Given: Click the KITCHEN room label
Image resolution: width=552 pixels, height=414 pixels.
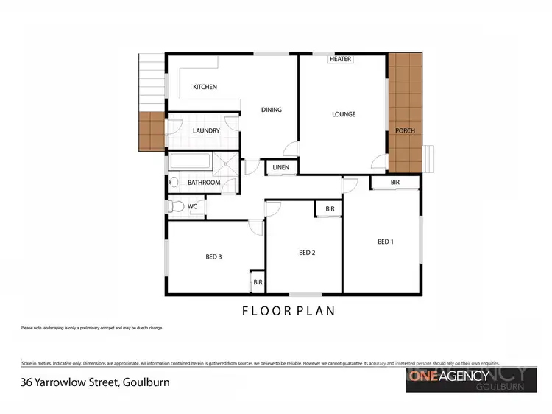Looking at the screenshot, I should [x=205, y=87].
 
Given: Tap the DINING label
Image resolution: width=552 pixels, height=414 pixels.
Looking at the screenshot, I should [x=272, y=110].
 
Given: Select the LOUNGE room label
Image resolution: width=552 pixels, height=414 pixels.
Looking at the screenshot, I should [x=344, y=114].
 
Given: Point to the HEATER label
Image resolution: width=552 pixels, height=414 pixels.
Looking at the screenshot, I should [x=341, y=59].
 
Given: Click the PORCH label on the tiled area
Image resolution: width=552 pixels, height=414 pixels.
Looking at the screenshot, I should [x=405, y=130].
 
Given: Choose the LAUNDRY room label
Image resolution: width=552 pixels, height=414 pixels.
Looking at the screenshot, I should [x=206, y=130].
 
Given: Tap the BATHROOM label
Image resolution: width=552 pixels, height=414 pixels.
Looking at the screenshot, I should [x=204, y=182].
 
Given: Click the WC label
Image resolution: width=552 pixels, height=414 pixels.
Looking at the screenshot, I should [x=192, y=206].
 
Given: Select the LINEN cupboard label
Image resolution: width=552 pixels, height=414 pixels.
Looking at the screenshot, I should [x=280, y=168].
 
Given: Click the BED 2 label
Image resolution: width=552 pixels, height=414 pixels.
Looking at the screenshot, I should [x=307, y=253].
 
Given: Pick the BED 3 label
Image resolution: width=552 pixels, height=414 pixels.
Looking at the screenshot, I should [x=213, y=256].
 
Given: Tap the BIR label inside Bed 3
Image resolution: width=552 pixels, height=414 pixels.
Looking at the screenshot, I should [x=258, y=281].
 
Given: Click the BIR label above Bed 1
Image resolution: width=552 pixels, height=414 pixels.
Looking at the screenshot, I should [x=394, y=181].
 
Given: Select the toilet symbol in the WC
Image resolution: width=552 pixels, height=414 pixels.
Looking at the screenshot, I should [x=175, y=207].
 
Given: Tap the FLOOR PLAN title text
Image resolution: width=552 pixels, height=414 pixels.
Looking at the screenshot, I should [x=289, y=311].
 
